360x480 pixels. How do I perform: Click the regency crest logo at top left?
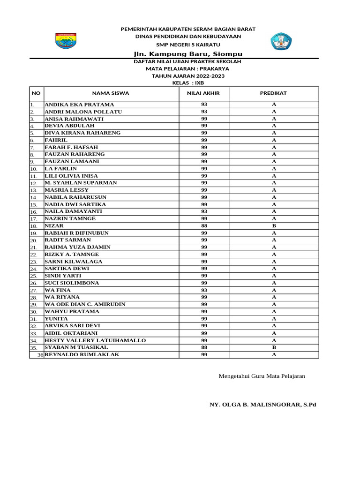click(66, 41)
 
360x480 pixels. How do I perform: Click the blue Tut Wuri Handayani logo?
click(281, 41)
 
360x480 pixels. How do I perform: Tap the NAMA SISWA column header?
click(111, 93)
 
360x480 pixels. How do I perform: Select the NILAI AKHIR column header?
click(203, 93)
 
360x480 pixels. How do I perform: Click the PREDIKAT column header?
click(273, 93)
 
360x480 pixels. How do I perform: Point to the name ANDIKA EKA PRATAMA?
click(79, 105)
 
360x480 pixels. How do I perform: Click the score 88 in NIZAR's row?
click(204, 226)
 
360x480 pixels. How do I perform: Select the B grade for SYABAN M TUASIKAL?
click(274, 347)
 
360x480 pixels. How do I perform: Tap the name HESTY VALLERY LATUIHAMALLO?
click(95, 340)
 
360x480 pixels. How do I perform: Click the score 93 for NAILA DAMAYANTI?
click(204, 211)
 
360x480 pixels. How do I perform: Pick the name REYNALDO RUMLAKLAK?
click(82, 354)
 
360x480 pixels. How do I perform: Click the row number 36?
click(40, 355)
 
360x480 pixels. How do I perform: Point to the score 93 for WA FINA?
click(204, 290)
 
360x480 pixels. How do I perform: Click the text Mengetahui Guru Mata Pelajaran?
click(262, 376)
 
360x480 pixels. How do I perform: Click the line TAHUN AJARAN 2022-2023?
click(187, 75)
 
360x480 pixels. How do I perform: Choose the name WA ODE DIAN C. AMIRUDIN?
click(85, 304)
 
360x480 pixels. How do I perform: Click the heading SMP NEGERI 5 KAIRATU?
click(187, 45)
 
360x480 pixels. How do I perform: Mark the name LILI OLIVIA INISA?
click(71, 176)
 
